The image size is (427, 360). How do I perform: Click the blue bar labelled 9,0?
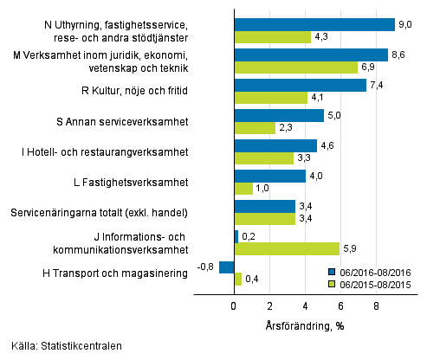[314, 24]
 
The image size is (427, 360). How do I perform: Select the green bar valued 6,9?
[295, 67]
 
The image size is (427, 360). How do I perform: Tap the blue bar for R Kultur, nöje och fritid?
[300, 85]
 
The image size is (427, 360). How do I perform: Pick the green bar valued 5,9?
[287, 249]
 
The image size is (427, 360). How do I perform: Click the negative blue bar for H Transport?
[227, 267]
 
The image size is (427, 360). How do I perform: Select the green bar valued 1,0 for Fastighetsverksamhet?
[243, 189]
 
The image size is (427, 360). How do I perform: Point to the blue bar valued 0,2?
[236, 236]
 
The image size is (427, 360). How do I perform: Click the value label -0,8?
[206, 267]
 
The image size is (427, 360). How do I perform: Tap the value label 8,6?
[399, 55]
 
